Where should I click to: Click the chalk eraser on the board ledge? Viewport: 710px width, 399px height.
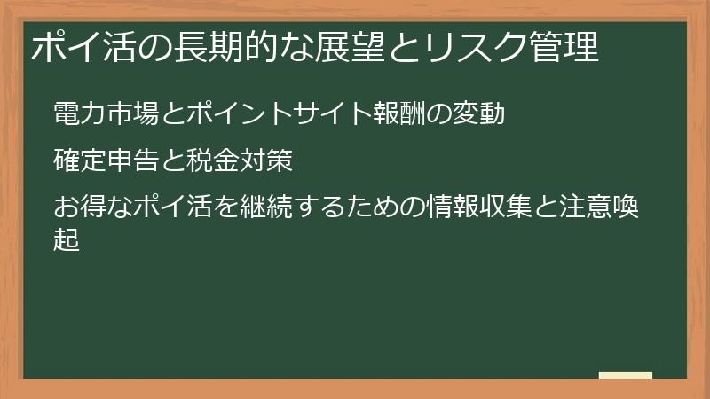click(x=625, y=375)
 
